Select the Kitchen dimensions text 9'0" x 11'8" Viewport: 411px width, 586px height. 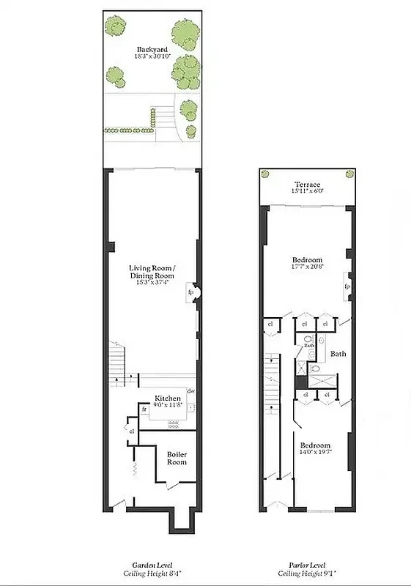(168, 405)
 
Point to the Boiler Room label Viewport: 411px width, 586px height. (177, 458)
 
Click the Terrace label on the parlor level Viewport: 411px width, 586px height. (308, 184)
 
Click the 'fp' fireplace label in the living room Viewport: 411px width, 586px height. (190, 292)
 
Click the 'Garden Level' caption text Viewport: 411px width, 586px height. (149, 565)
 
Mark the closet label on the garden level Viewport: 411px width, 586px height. (132, 431)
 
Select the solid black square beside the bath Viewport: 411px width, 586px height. (300, 382)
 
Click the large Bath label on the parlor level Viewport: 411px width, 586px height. (338, 354)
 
